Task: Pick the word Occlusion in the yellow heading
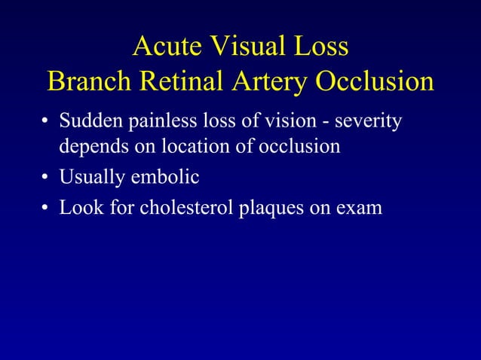click(375, 81)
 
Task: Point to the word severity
click(371, 121)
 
